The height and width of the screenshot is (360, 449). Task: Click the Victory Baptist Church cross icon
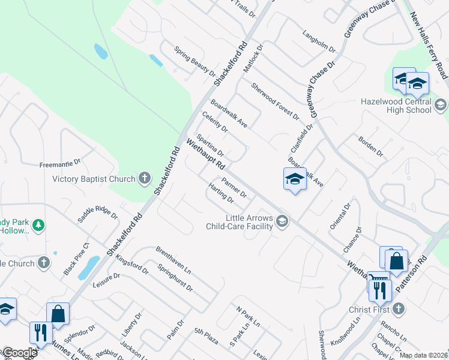click(144, 178)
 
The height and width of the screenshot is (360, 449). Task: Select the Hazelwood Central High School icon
click(440, 106)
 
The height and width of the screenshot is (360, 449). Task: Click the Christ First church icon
click(399, 310)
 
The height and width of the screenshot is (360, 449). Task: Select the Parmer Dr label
click(234, 187)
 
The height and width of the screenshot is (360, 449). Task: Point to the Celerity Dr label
click(215, 122)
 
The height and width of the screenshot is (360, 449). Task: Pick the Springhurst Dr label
click(175, 278)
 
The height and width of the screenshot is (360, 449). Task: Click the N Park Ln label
click(248, 316)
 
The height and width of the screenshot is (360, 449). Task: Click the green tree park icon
click(39, 225)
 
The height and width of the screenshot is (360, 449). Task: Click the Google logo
click(19, 353)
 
